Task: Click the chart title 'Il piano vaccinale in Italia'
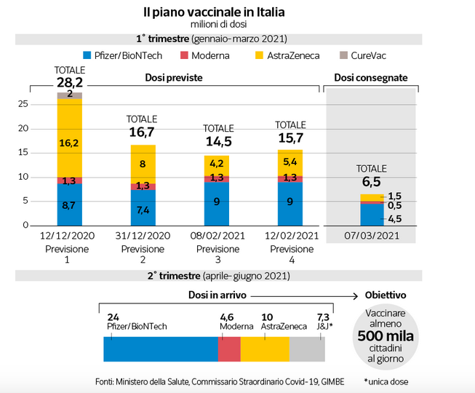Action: tap(213, 12)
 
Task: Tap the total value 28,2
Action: tap(70, 82)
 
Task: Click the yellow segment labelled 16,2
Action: tap(70, 144)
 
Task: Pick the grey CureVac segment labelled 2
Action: tap(70, 95)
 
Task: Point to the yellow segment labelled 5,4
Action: tap(290, 162)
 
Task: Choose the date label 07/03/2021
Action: tap(371, 236)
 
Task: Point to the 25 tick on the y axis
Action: tap(23, 104)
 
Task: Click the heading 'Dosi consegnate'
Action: tap(370, 77)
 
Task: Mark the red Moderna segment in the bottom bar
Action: tap(229, 349)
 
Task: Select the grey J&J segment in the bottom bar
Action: tap(307, 349)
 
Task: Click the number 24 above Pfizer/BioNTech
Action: tap(113, 317)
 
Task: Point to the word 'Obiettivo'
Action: tap(385, 295)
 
